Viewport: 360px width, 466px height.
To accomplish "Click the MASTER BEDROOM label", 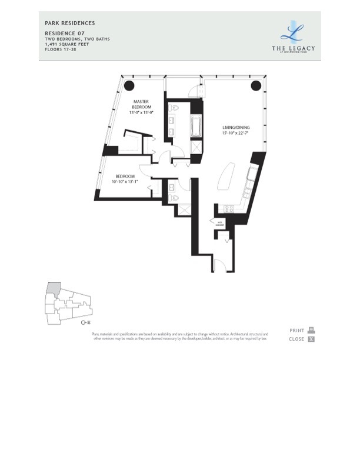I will point(141,104).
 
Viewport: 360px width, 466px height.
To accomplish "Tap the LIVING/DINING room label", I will point(234,127).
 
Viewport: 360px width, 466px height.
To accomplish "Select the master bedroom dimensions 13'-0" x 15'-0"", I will point(141,112).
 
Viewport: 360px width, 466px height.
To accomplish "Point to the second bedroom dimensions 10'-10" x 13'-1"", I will point(125,182).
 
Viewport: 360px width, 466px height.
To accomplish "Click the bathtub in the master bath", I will point(195,127).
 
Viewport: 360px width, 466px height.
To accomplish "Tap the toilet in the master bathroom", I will point(175,109).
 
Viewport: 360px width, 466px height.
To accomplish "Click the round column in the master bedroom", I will point(128,85).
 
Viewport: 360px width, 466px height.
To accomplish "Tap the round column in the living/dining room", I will point(256,86).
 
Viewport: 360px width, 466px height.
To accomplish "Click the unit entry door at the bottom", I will point(219,265).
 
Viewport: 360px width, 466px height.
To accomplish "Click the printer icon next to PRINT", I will point(311,330).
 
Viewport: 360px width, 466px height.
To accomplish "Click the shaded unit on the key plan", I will point(54,289).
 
